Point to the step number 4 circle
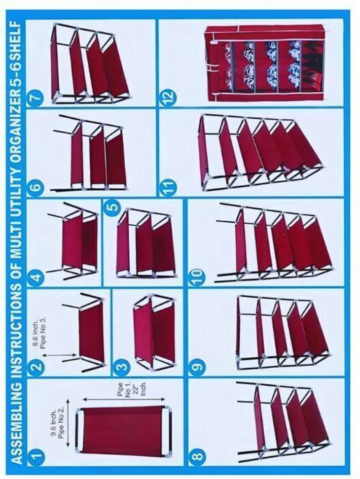pyautogui.click(x=36, y=278)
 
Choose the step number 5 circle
pyautogui.click(x=112, y=207)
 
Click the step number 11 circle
pyautogui.click(x=168, y=186)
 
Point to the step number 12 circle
pyautogui.click(x=168, y=98)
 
